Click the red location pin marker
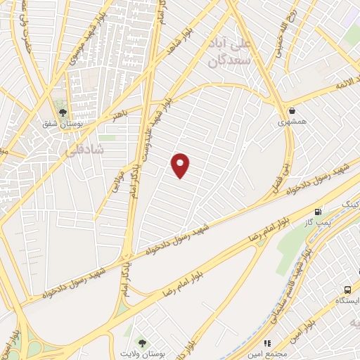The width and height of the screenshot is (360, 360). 181,165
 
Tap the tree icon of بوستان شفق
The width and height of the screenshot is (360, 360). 63,112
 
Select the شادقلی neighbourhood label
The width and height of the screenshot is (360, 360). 84,150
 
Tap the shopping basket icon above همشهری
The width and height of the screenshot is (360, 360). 291,111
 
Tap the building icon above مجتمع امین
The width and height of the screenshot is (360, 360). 267,342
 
